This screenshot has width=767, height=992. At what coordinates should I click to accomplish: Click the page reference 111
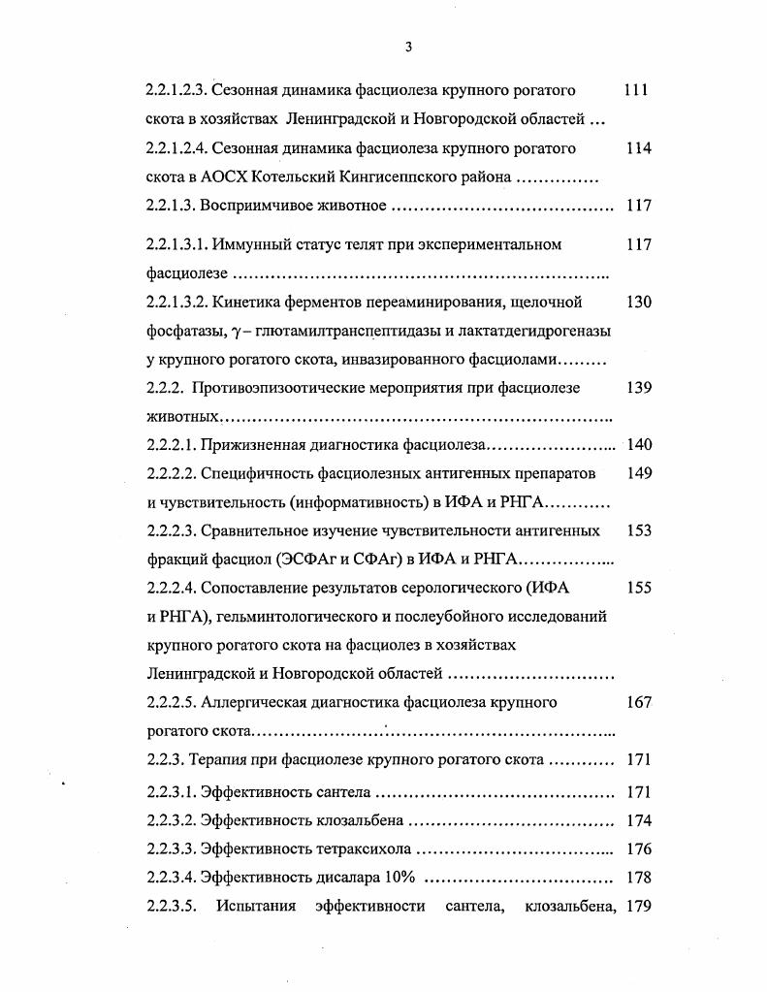636,91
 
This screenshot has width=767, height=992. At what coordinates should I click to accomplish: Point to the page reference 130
638,302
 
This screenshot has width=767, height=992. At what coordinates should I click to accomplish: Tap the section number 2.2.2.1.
172,445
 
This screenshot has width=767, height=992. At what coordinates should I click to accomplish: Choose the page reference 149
638,473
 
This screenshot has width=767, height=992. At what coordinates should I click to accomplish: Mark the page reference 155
638,588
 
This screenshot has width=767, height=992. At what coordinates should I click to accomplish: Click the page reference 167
638,702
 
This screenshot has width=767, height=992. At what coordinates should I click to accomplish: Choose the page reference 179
638,907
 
